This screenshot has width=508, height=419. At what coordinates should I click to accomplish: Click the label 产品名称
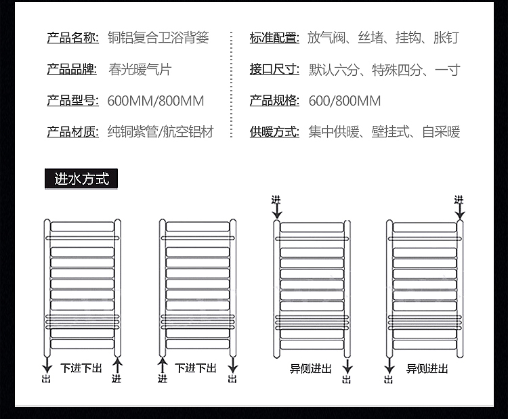(73, 38)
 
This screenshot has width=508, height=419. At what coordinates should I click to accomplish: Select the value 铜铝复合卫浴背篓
(158, 37)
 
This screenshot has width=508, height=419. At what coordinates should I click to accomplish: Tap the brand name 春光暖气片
(140, 69)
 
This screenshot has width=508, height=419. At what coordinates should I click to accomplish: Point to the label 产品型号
(73, 101)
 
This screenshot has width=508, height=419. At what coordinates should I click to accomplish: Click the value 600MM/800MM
(156, 101)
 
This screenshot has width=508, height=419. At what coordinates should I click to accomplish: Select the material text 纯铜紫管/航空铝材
(161, 132)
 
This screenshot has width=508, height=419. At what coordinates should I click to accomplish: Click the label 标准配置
(274, 38)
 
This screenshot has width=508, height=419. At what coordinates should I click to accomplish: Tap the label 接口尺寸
(274, 69)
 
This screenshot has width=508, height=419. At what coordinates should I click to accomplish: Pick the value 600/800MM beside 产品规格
(345, 101)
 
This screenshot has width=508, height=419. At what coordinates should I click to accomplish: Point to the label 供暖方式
(274, 132)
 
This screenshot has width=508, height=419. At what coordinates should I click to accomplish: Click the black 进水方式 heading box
(81, 179)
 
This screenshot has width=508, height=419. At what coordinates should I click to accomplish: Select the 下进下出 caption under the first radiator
(81, 368)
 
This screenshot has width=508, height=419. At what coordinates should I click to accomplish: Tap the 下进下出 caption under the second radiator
(196, 368)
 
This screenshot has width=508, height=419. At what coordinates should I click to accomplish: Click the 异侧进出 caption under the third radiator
(310, 369)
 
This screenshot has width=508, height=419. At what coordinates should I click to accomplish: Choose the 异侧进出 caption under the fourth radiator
(427, 369)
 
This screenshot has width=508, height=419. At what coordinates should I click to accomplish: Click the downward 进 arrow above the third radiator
(276, 211)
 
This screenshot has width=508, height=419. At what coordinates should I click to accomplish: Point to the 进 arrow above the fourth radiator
(460, 212)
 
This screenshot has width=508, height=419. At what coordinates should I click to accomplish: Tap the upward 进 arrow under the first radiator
(117, 366)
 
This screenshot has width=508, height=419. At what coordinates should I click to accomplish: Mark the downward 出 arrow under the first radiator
(47, 366)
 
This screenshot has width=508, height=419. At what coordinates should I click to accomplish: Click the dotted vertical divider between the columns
(232, 85)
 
